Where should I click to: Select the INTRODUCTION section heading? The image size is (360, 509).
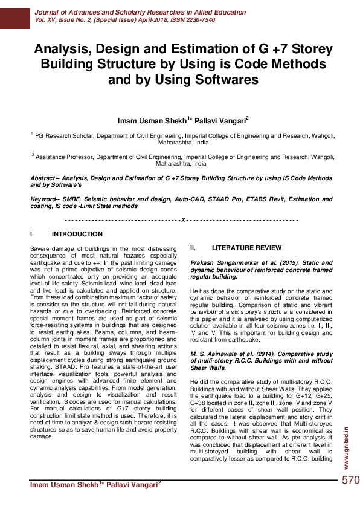click(x=77, y=234)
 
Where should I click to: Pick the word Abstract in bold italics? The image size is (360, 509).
click(x=46, y=179)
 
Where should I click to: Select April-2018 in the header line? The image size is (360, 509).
click(x=132, y=19)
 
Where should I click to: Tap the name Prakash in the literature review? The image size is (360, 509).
click(x=204, y=264)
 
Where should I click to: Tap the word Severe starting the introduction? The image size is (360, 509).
click(x=39, y=250)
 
